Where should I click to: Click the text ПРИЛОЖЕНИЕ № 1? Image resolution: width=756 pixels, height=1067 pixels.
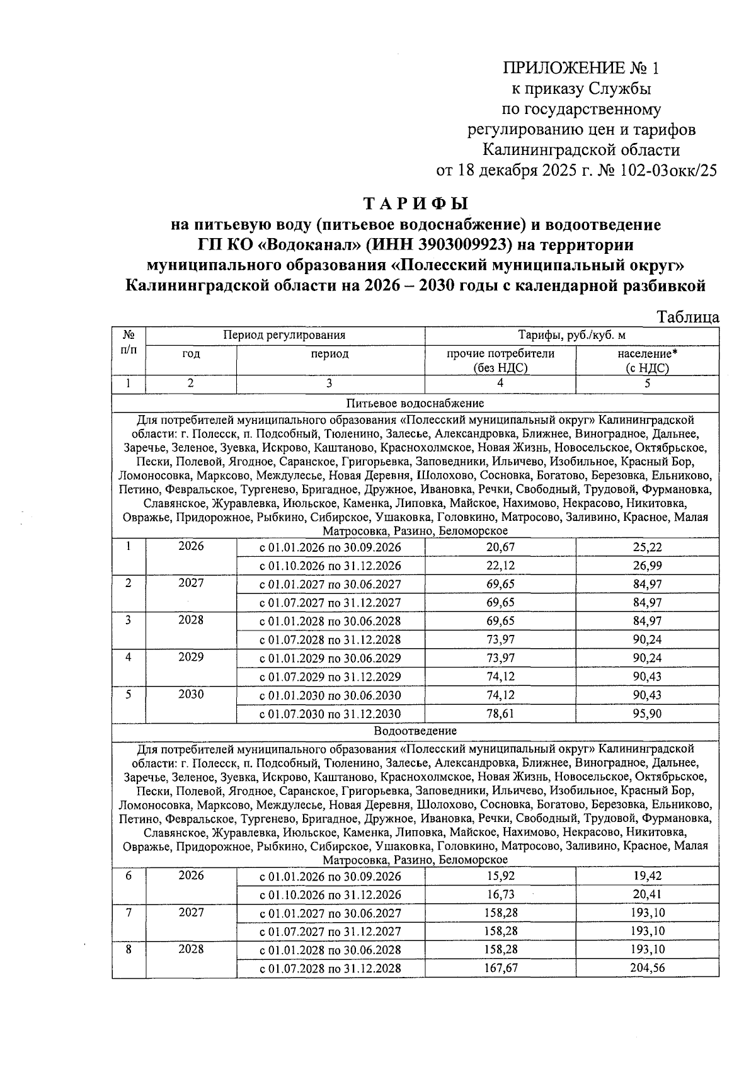581,68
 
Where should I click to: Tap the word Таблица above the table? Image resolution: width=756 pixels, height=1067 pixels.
688,317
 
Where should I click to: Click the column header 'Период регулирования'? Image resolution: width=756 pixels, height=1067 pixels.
285,336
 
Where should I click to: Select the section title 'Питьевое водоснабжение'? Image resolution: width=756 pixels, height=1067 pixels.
415,403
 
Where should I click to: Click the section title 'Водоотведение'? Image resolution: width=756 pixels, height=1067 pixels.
415,731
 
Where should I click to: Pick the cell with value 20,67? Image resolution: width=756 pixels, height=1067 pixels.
500,547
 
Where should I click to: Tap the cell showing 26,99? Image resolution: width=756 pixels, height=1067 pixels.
647,566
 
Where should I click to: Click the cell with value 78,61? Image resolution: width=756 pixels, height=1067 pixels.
500,714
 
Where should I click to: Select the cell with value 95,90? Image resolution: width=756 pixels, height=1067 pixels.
647,714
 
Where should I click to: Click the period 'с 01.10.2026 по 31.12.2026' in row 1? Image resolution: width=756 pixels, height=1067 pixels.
330,566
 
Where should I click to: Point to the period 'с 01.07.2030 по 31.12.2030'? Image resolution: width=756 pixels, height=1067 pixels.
330,714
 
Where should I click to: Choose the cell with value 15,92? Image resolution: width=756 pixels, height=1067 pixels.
500,876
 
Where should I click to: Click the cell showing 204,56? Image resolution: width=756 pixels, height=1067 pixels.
647,968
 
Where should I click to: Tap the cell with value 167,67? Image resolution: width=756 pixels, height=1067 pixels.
500,968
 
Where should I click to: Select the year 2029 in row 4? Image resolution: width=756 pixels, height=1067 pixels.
191,658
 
